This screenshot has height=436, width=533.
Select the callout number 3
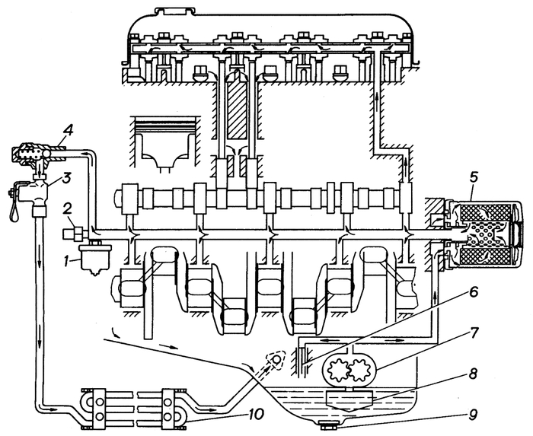coord(66,177)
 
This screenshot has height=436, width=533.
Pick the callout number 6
coord(473,293)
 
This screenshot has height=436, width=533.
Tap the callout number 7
coord(474,332)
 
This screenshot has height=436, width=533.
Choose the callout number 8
coord(474,374)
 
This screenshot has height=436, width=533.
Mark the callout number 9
coord(474,414)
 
